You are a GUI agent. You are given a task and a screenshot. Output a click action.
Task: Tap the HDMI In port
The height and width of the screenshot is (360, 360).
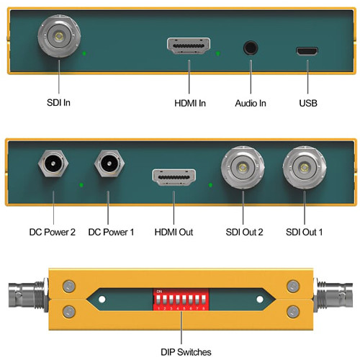click(189, 48)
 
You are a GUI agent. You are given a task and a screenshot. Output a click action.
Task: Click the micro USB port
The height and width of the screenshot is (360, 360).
click(307, 52)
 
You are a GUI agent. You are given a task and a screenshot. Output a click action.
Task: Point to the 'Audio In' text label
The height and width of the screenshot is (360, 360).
click(251, 104)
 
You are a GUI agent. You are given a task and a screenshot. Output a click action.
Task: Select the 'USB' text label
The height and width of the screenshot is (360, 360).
click(307, 104)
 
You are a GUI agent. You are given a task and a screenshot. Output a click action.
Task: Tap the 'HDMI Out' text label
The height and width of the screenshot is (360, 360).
click(174, 232)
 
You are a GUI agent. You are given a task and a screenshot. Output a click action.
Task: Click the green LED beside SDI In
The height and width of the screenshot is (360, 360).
click(85, 54)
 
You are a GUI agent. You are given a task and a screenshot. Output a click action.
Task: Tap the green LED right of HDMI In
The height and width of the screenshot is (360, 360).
click(219, 54)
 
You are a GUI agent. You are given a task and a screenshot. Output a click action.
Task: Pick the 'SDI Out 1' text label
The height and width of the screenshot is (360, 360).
click(305, 232)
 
